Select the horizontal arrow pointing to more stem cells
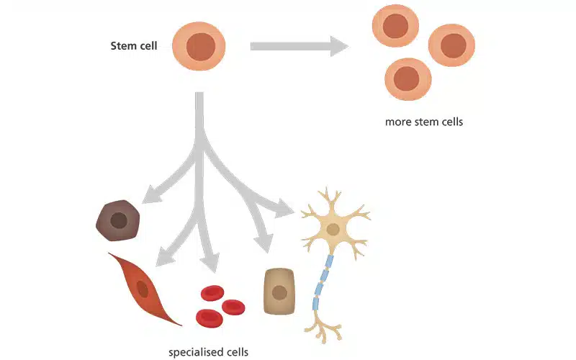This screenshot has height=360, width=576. point(299,47)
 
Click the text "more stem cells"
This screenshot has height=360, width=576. point(423,122)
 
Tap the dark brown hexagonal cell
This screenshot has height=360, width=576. point(117,220)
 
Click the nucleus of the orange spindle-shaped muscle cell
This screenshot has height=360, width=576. point(143,289)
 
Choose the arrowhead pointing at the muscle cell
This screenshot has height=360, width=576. point(166,254)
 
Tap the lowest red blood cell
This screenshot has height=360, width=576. point(209,316)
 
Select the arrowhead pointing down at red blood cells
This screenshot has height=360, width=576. point(210,260)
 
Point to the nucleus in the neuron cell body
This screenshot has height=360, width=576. point(333,229)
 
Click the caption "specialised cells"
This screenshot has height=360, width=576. point(208,352)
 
